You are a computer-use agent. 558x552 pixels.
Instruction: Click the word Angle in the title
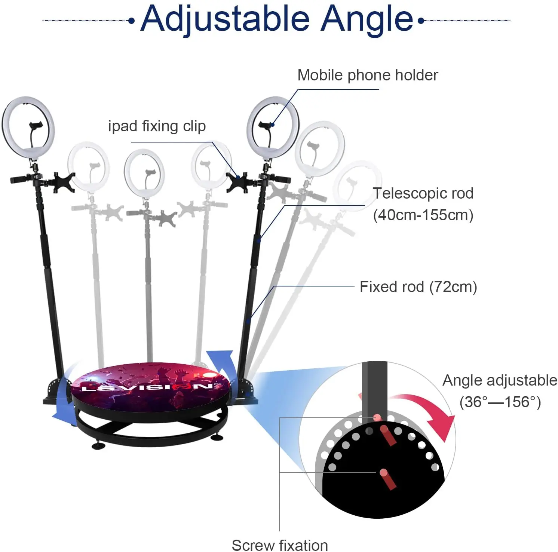coord(367,19)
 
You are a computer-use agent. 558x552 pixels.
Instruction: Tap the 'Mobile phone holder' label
coord(368,75)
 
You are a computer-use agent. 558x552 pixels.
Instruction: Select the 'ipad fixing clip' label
coord(157,126)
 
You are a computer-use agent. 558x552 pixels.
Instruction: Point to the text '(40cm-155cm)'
coord(423,215)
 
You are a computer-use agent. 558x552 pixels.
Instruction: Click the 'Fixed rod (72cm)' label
coord(418,287)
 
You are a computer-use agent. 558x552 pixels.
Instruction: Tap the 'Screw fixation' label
coord(280,545)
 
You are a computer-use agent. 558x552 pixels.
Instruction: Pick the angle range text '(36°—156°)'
coord(500,402)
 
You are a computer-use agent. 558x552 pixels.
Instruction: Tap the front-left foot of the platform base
coord(98,445)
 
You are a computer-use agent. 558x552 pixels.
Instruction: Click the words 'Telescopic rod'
coord(423,193)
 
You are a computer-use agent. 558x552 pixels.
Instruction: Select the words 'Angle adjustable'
coord(500,380)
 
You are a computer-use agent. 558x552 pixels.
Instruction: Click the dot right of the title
coord(421,21)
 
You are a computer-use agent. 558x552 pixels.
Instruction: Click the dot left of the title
coord(131,21)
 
